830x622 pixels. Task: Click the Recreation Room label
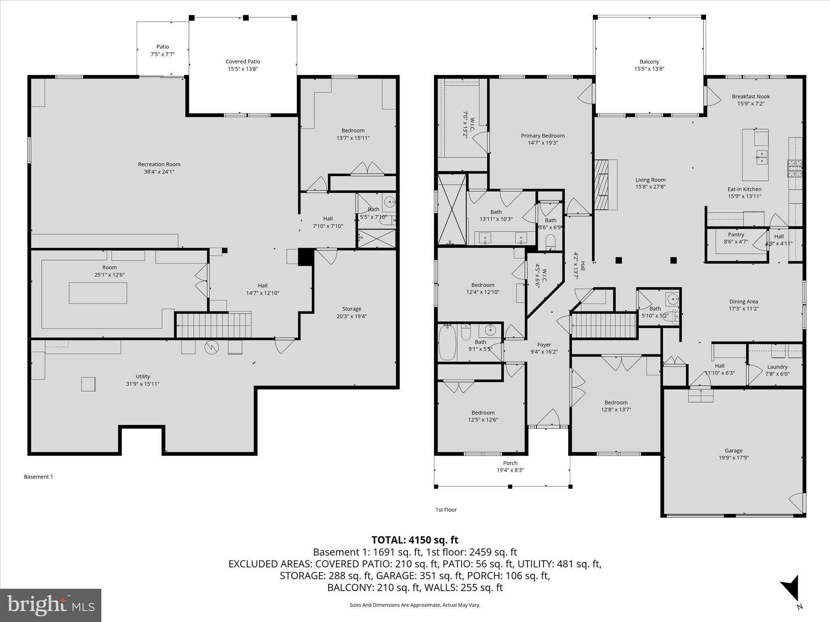[x=159, y=164]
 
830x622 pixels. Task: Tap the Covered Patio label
[x=243, y=62]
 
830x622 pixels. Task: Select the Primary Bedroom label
[x=543, y=136]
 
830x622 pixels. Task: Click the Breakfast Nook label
[x=751, y=96]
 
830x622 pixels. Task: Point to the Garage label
[x=734, y=450]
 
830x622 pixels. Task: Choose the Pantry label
[x=736, y=234]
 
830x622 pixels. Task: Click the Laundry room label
[x=777, y=367]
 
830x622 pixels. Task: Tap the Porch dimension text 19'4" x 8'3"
[x=510, y=470]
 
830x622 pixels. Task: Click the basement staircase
[x=214, y=325]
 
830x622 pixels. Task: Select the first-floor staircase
[x=603, y=325]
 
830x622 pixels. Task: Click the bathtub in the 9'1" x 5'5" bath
[x=447, y=343]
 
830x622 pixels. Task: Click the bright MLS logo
[x=51, y=605]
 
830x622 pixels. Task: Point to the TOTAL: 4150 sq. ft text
[x=415, y=540]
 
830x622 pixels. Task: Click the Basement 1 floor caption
[x=39, y=477]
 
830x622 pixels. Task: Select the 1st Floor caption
[x=446, y=510]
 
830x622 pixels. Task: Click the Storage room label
[x=351, y=309]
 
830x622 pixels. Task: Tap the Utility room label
[x=143, y=377]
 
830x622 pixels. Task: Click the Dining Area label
[x=744, y=302]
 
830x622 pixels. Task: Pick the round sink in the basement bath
[x=389, y=201]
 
